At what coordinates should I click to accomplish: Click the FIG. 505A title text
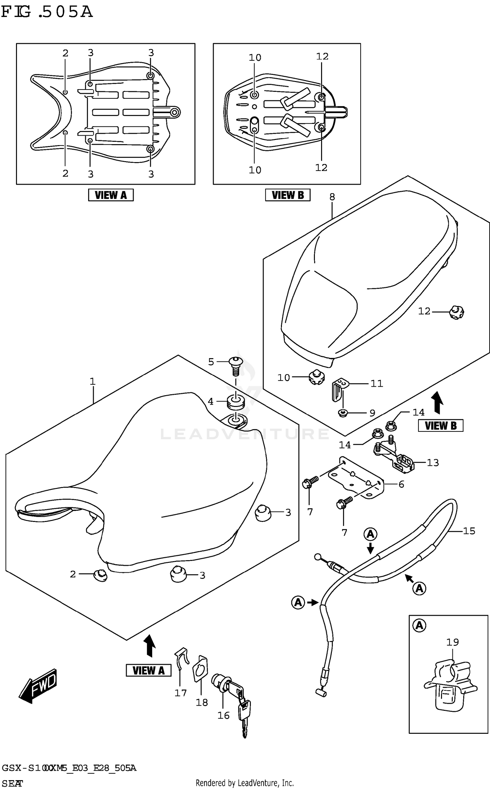(x=47, y=12)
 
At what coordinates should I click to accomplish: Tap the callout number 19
(x=452, y=642)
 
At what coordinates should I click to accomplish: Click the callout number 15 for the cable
(x=469, y=531)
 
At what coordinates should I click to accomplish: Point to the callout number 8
(x=332, y=197)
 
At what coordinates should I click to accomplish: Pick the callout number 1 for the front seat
(x=92, y=381)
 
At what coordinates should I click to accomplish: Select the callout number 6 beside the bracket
(x=401, y=484)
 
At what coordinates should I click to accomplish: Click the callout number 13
(x=433, y=462)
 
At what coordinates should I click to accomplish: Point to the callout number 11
(x=376, y=383)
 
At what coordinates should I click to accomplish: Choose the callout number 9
(x=372, y=413)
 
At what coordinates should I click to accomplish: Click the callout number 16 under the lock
(x=223, y=715)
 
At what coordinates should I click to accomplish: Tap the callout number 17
(x=180, y=693)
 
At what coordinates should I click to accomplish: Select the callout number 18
(x=202, y=702)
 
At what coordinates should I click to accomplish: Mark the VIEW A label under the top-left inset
(x=111, y=195)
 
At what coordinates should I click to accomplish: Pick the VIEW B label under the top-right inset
(x=287, y=195)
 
